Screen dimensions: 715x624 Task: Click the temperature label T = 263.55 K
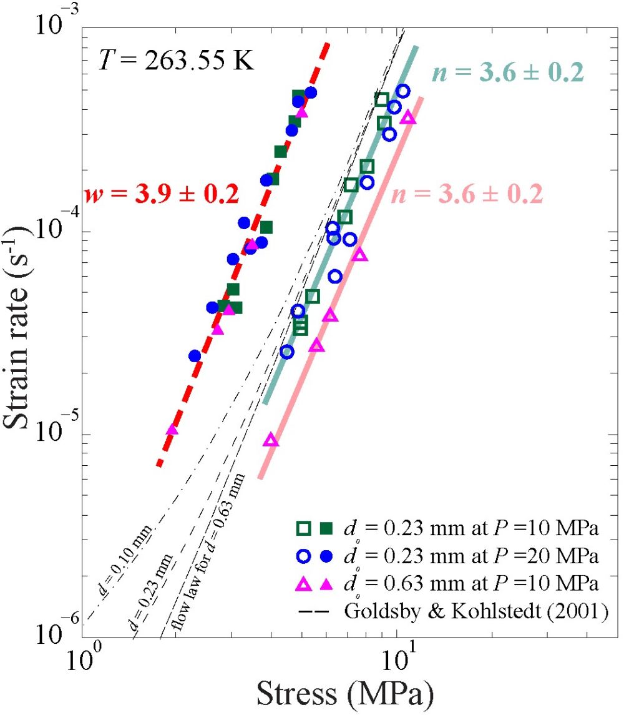(x=176, y=62)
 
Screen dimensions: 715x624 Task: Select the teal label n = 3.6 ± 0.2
(x=507, y=73)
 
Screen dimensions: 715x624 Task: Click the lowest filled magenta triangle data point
(x=172, y=430)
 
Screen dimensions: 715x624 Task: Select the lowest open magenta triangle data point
(x=270, y=440)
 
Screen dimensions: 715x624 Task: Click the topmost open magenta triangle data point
(x=407, y=117)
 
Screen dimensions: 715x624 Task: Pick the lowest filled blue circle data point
(x=195, y=356)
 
